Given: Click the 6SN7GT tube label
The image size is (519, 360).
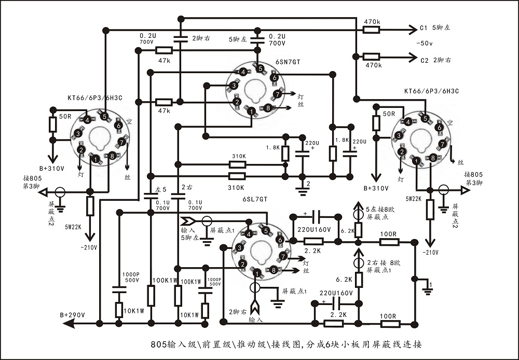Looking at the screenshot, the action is coord(288,62).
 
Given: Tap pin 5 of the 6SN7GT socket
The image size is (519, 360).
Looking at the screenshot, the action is coord(261,69).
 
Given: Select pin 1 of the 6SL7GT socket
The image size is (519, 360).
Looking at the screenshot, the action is coord(257,274).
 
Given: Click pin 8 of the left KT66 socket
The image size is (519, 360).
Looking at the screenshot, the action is coord(112,156).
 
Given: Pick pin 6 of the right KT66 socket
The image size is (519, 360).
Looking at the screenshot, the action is coord(439,128).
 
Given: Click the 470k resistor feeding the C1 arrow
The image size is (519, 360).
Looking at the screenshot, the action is coord(372,30).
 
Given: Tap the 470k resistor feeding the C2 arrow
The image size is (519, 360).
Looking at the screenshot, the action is coord(372,57).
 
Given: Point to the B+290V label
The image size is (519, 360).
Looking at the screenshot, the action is coord(73,315).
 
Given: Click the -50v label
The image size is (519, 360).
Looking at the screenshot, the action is coord(425,44).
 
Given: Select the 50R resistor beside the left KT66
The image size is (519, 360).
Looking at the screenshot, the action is coord(52,124).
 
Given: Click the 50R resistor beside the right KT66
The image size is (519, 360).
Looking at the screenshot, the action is coord(376,123).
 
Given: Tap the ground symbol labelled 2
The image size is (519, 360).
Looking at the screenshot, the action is coord(302,190).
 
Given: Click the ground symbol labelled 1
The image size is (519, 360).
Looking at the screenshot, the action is coord(428,290).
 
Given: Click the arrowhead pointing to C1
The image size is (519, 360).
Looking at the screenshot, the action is coord(413,30).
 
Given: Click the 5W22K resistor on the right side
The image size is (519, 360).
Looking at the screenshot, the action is coord(430,210).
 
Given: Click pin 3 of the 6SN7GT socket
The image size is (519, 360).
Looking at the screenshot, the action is coord(234,86).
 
